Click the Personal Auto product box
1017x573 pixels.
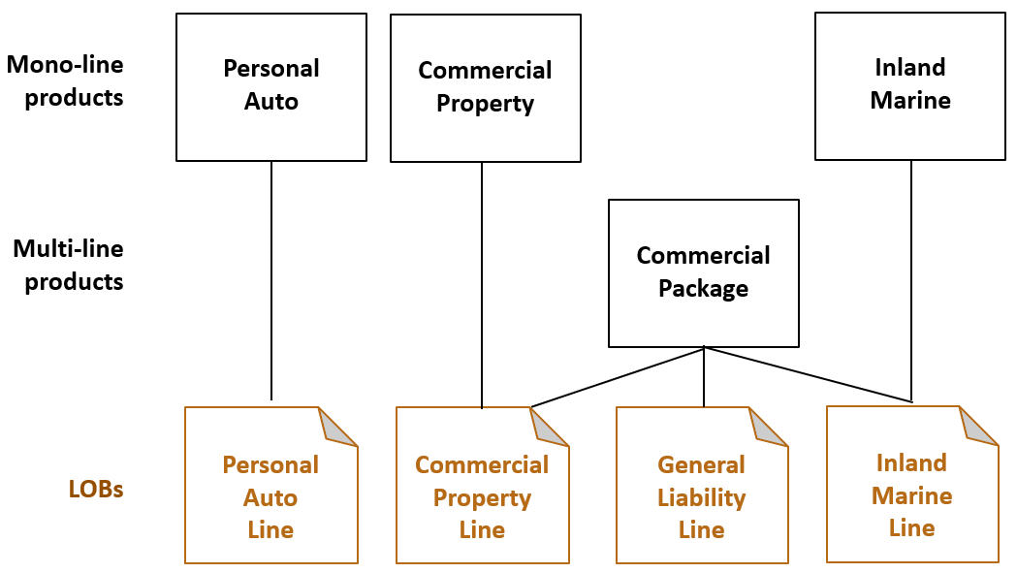tap(271, 86)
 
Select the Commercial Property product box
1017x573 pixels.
tap(485, 87)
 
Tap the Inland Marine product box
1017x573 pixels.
tap(909, 85)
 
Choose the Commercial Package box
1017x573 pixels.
tap(703, 272)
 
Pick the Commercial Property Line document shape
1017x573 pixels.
tap(482, 496)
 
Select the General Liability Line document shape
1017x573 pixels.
tap(701, 496)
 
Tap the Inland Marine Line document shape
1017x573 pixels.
tap(911, 494)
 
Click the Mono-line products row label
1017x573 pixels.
tap(66, 81)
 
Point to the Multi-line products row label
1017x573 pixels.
tap(68, 265)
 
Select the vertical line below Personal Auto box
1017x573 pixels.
tap(271, 281)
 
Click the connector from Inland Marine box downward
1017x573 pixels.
tap(911, 281)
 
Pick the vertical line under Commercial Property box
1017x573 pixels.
tap(482, 286)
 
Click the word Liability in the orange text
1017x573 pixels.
tap(701, 497)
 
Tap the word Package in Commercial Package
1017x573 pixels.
tap(703, 289)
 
